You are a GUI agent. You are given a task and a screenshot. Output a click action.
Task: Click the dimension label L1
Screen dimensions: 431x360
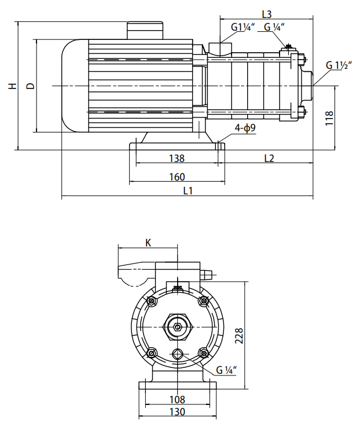pyautogui.click(x=188, y=190)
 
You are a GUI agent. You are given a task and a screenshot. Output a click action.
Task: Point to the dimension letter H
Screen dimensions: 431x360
pyautogui.click(x=12, y=86)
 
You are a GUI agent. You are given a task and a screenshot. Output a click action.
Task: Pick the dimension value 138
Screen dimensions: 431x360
pyautogui.click(x=176, y=158)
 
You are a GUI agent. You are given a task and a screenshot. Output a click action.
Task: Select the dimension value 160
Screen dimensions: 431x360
pyautogui.click(x=177, y=176)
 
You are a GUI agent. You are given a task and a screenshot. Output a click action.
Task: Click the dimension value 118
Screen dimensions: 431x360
pyautogui.click(x=329, y=118)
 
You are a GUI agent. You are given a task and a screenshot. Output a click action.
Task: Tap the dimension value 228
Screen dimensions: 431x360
pyautogui.click(x=240, y=336)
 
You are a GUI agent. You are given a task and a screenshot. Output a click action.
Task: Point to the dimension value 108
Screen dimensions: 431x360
pyautogui.click(x=178, y=399)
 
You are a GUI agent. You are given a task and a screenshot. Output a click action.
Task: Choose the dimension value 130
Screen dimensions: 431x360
pyautogui.click(x=178, y=412)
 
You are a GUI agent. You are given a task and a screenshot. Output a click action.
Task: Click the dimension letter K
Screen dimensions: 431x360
pyautogui.click(x=148, y=243)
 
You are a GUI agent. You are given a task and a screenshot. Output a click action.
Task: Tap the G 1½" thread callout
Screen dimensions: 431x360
pyautogui.click(x=336, y=65)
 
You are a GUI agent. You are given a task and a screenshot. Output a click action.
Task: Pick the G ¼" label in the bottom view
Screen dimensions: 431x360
pyautogui.click(x=226, y=370)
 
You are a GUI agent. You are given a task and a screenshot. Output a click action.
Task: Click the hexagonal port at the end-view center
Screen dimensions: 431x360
pyautogui.click(x=177, y=327)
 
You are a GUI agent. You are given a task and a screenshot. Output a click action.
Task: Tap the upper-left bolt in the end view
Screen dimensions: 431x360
pyautogui.click(x=152, y=301)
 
